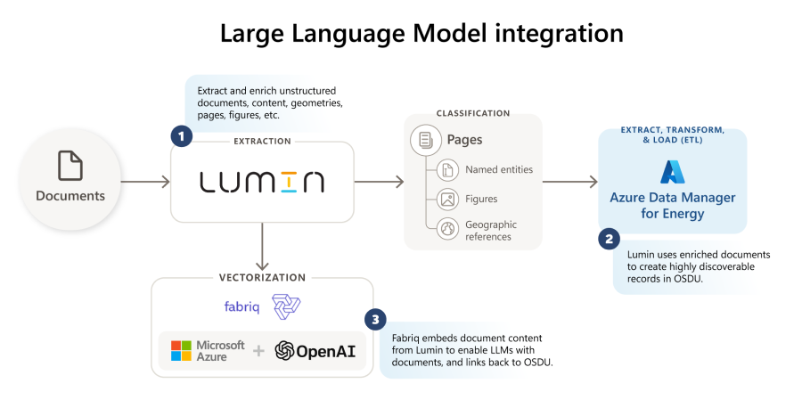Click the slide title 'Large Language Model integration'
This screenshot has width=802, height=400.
coord(421,34)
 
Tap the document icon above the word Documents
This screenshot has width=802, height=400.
coord(70,166)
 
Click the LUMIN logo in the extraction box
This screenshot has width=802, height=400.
coord(262,182)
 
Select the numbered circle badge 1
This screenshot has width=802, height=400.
coord(182,136)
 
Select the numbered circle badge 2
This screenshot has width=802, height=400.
coord(609,239)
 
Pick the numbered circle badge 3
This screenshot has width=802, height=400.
coord(375,320)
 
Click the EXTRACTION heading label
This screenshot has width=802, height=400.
coord(262,142)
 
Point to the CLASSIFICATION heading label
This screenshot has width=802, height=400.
coord(472,114)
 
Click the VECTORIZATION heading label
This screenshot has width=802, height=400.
coord(262,278)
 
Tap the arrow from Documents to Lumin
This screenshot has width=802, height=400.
coord(144,182)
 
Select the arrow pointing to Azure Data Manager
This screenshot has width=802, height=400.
coord(569,182)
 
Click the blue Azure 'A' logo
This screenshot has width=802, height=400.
coord(671,171)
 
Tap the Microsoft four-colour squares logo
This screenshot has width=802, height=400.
coord(182,350)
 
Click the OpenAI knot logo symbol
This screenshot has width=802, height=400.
coord(285,350)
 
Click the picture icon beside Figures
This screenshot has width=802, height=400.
coord(447,199)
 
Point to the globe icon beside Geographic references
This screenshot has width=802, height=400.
coord(447,229)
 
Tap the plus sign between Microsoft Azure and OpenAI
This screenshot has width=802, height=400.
coord(259,351)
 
